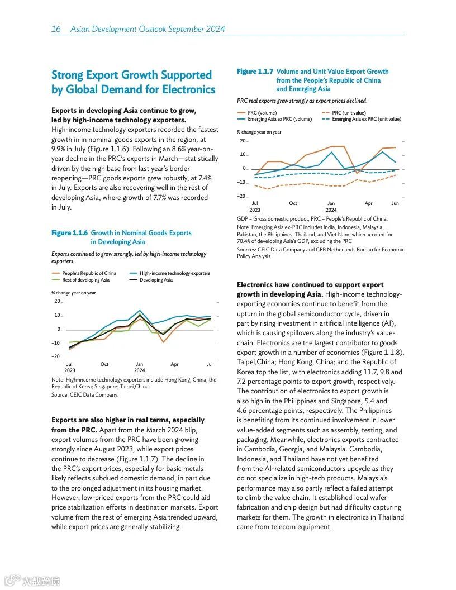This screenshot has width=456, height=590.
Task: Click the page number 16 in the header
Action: click(x=56, y=29)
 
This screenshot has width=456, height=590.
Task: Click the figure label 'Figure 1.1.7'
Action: click(x=255, y=72)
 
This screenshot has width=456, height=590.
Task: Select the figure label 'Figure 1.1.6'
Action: click(x=69, y=233)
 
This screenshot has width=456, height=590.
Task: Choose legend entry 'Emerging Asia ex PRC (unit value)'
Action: click(x=366, y=119)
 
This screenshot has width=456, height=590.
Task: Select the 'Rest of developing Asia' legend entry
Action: click(x=85, y=280)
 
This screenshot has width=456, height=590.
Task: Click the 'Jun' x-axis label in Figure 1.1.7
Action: click(x=395, y=203)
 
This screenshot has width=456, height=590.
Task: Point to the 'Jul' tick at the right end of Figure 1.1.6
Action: click(x=210, y=364)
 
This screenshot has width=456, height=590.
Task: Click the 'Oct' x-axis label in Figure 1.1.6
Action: click(x=104, y=364)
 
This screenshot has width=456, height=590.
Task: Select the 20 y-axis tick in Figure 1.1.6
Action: click(x=57, y=301)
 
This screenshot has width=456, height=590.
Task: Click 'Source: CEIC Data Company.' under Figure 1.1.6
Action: click(x=85, y=395)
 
